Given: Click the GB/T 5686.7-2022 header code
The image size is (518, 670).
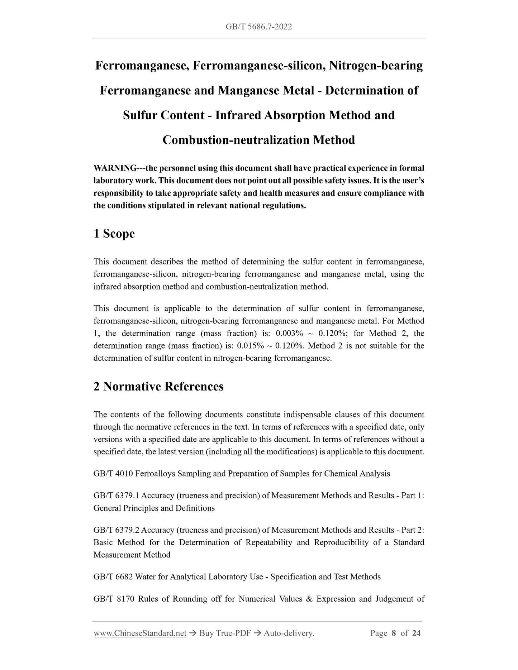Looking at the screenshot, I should pos(259,27).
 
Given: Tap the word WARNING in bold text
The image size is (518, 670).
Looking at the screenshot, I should pos(114,168).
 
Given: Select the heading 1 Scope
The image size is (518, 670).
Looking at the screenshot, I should pos(114,234).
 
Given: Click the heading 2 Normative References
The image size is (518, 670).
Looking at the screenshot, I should pos(158,387).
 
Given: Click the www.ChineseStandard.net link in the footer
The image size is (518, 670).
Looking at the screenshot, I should pos(140,633).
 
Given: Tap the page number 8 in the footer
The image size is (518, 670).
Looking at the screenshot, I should pos(394,633).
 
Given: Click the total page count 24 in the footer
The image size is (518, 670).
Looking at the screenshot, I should pos(416,633).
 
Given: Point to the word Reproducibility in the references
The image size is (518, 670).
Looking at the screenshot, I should pos(341,543).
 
